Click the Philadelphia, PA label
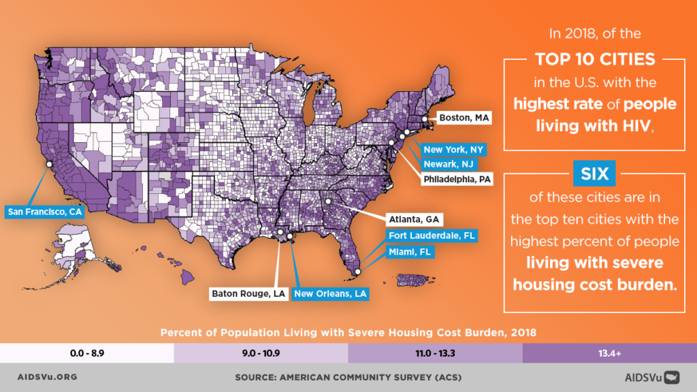pos(457,180)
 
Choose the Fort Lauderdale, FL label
pos(432,235)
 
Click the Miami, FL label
pos(410,251)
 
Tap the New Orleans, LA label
pos(331,293)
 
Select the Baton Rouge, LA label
pos(248,293)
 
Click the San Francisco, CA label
pos(44,212)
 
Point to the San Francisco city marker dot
pos(48,164)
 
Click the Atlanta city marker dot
pos(327,201)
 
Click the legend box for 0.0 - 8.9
pos(87,353)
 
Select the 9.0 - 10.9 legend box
pos(261,353)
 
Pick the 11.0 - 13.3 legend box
pos(436,353)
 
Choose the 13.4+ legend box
pos(610,353)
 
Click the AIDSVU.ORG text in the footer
pos(46,376)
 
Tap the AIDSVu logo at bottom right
pos(652,376)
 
